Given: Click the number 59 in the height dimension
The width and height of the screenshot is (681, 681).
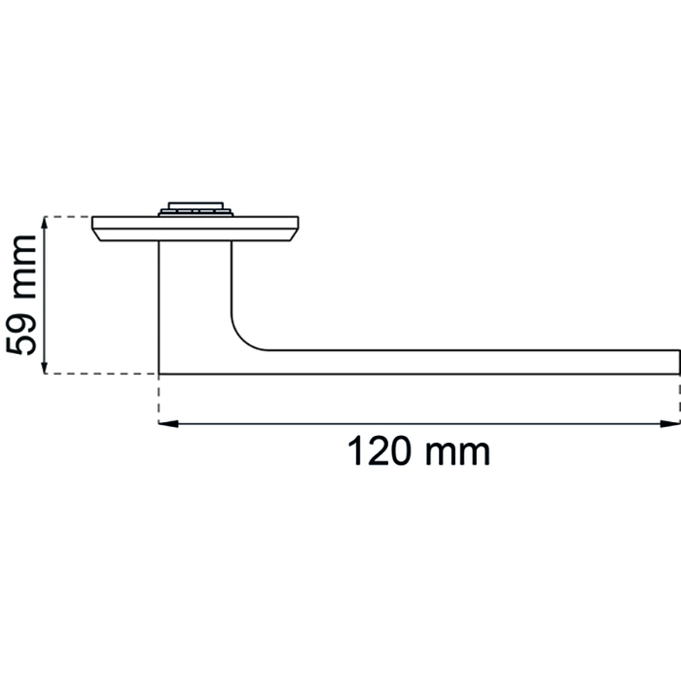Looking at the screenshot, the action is tap(20, 335).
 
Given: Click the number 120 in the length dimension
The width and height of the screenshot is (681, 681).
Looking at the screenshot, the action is tap(379, 451).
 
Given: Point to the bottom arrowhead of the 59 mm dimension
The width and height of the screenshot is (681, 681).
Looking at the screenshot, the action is tap(44, 365).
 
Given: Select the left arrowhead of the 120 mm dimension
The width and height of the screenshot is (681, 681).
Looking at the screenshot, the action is tap(168, 423).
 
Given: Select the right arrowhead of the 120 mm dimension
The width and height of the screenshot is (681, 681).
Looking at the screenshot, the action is tap(669, 423).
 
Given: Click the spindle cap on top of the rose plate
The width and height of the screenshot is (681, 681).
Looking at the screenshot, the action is tap(196, 209).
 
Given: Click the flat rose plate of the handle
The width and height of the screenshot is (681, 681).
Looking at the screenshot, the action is tap(195, 229).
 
